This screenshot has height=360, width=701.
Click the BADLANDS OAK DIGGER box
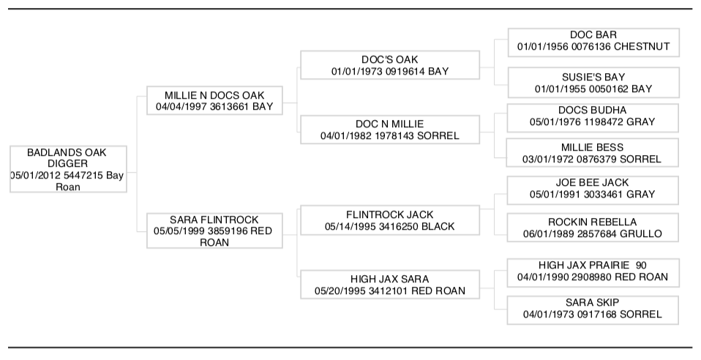tap(68, 169)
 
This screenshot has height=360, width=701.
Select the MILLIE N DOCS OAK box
tap(214, 101)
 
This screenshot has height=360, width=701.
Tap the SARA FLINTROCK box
tap(214, 230)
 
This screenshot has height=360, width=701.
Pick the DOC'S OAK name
tap(390, 59)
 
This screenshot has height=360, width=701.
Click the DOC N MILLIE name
tap(390, 124)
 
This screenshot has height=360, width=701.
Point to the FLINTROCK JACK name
tap(390, 214)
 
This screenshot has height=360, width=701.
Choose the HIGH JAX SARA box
tap(390, 285)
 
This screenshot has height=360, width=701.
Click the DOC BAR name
tap(593, 35)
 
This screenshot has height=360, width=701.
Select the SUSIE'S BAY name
tap(593, 77)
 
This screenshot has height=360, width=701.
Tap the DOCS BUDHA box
tap(593, 118)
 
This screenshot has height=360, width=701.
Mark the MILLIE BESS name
tap(593, 147)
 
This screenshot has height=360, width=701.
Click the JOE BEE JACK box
tap(593, 190)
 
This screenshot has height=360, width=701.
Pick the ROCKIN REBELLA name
tap(593, 222)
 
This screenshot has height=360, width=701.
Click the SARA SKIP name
tap(593, 302)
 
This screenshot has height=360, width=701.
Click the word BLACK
tap(438, 226)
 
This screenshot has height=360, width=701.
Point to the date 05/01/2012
tap(31, 176)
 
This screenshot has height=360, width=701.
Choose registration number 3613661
tap(228, 106)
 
